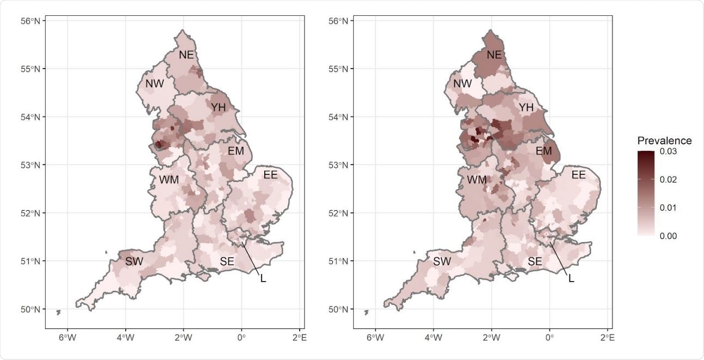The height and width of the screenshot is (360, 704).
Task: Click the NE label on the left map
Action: pos(186,54)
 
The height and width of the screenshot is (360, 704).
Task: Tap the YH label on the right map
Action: pos(526,108)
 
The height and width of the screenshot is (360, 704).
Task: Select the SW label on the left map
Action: pos(134,261)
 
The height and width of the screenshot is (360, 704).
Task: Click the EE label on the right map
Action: pos(578,175)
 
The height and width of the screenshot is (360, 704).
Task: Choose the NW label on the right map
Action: pos(463,84)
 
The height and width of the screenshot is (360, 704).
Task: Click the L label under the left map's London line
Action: pos(263,278)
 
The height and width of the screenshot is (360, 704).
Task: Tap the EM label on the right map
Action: pos(544,151)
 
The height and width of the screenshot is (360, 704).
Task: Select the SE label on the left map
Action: pos(227,262)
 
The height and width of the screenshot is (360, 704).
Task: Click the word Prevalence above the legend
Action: pos(664,141)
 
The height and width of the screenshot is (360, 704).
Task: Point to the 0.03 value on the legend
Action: pos(667,151)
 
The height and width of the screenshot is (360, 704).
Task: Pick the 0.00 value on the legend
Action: pos(667,236)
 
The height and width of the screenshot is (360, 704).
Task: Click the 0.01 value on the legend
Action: pos(667,208)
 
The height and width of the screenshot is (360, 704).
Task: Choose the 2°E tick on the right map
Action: pos(608,338)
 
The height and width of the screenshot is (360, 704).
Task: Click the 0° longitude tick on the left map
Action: pos(241,338)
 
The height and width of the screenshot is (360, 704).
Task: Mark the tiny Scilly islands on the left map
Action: pos(58,312)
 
